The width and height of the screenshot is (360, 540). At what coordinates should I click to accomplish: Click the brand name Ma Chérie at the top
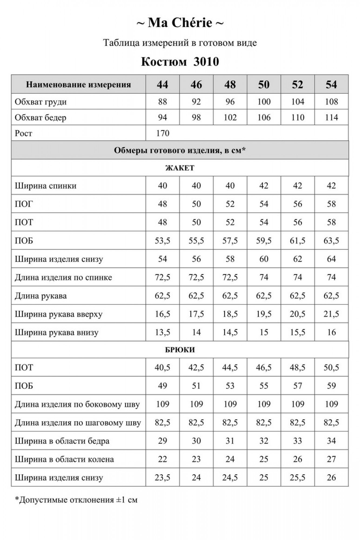coord(180,23)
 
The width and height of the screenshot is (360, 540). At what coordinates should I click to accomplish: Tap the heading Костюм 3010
coord(180,62)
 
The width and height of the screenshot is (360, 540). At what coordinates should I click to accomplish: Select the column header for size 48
coord(230,85)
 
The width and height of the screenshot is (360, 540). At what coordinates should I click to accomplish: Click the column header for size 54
coord(331,85)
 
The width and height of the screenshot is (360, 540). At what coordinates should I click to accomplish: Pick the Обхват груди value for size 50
coord(264,102)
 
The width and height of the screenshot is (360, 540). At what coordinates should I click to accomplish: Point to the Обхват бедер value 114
coord(331,117)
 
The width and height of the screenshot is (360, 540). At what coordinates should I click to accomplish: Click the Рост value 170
coord(163,133)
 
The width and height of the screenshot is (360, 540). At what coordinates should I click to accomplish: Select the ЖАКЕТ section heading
coord(180,168)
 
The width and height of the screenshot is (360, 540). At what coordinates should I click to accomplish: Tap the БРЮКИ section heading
coord(180,350)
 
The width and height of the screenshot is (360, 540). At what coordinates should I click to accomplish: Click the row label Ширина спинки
coord(46,186)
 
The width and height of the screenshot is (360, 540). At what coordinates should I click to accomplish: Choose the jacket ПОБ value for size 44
coord(163,241)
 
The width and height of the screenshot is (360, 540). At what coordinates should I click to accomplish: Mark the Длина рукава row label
coord(41,296)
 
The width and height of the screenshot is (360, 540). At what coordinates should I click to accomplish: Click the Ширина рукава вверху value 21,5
coord(331,314)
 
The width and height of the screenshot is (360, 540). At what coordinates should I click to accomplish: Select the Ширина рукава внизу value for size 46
coord(196,332)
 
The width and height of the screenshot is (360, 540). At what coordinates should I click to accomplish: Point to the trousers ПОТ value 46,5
coord(264,367)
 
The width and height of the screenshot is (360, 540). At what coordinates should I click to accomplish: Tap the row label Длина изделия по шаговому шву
coord(78,423)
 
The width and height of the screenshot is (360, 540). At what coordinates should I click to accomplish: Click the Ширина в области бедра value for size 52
coord(297,441)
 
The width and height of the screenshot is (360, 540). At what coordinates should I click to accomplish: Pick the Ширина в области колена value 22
coord(163,459)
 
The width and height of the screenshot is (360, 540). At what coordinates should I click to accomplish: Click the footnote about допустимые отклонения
coord(76,500)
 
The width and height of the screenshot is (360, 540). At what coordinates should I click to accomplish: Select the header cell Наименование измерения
coord(78,85)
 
